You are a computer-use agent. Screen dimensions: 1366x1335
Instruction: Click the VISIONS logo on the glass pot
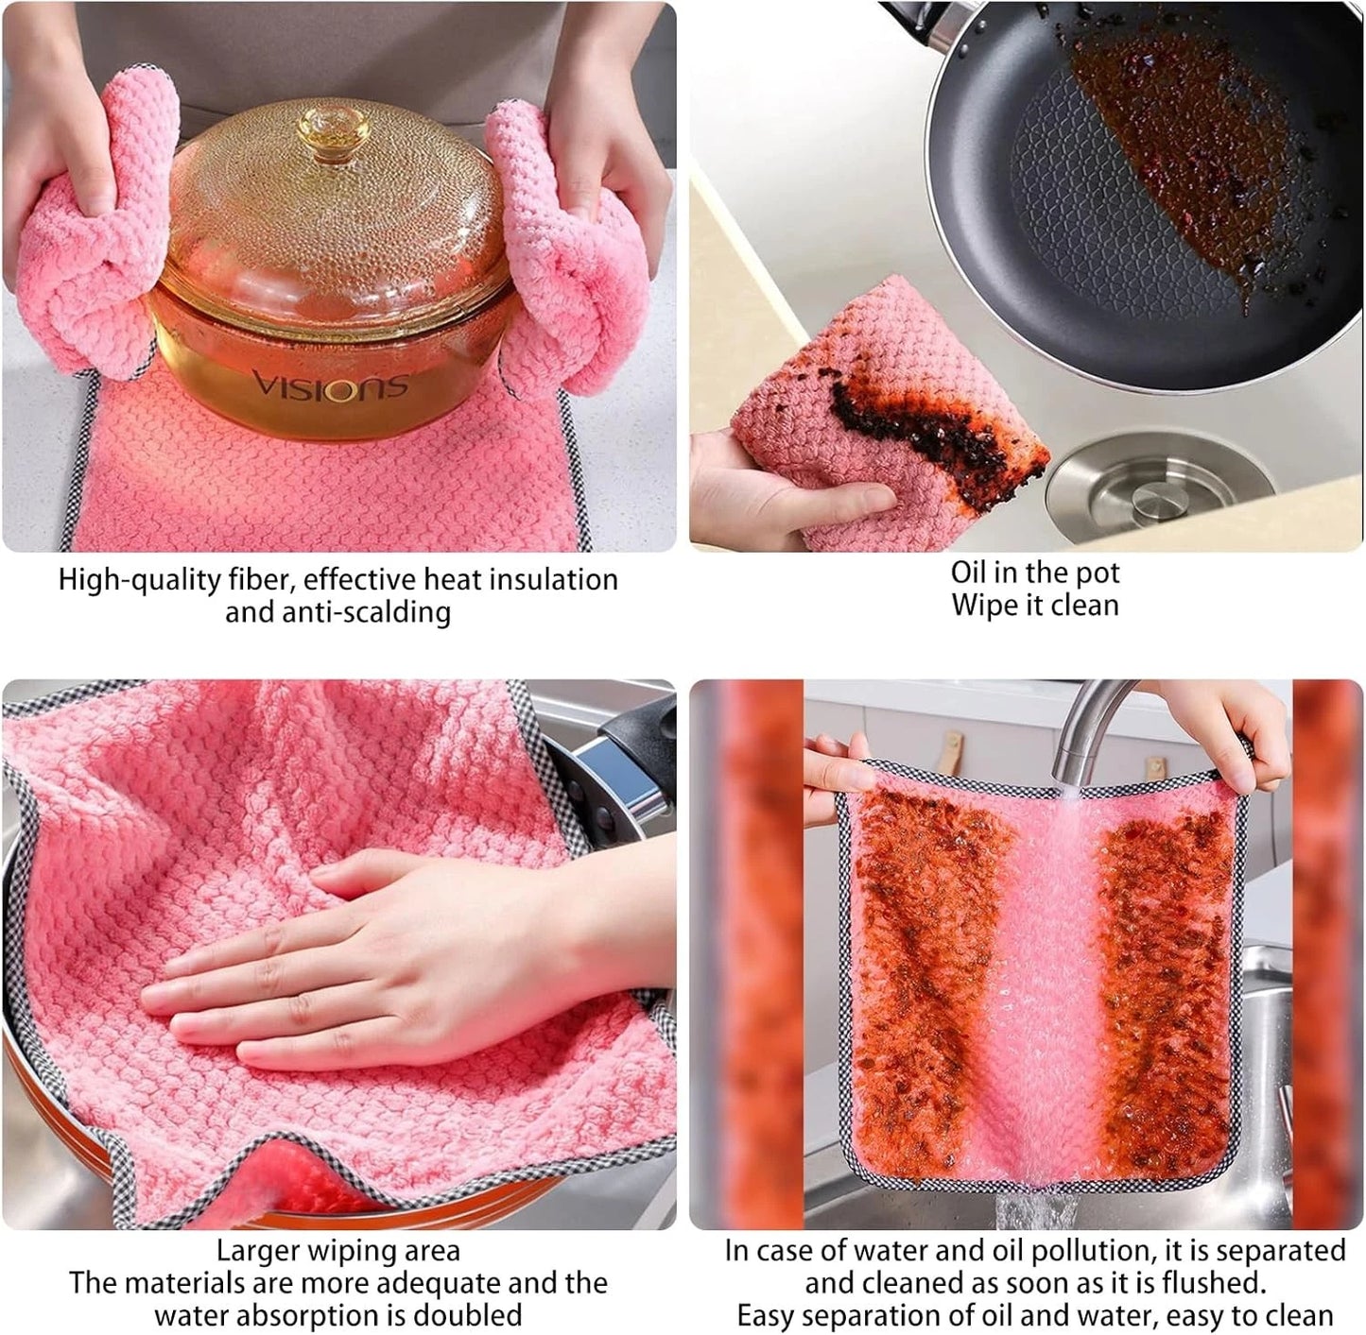pyautogui.click(x=329, y=385)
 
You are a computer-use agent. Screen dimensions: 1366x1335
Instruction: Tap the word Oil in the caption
pyautogui.click(x=968, y=573)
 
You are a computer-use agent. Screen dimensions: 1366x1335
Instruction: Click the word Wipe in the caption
pyautogui.click(x=982, y=606)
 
